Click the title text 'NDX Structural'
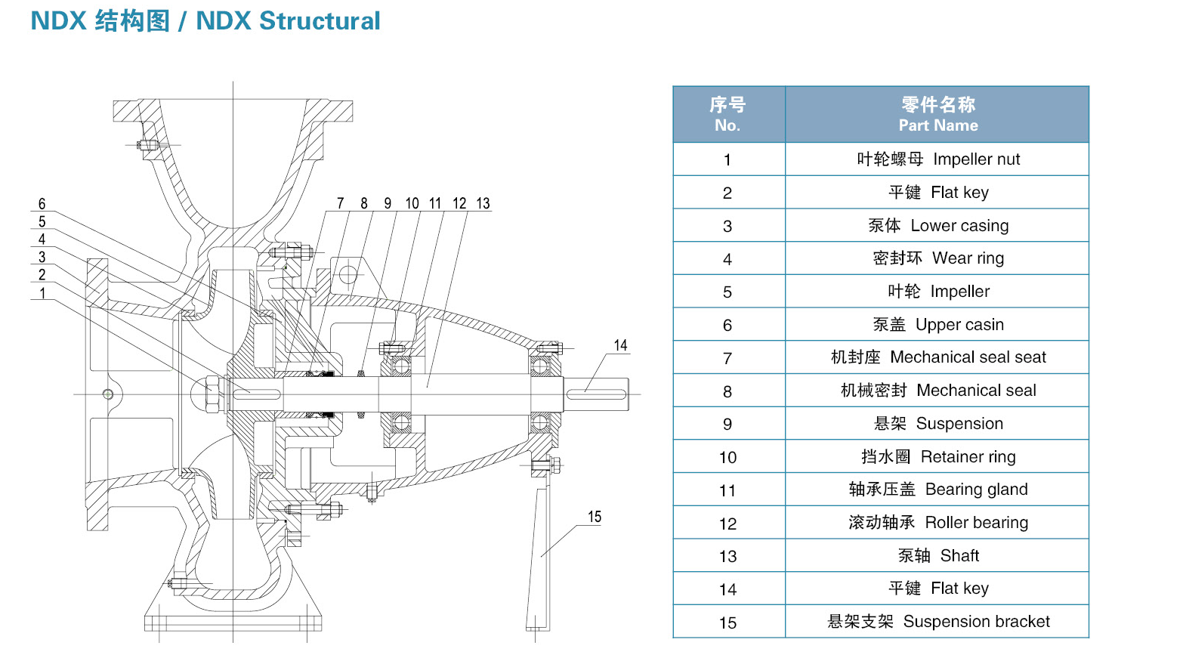pos(288,21)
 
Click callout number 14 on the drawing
pos(620,345)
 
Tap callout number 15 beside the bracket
pos(595,517)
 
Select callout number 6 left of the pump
pos(42,204)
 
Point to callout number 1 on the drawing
pos(42,293)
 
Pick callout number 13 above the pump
pos(483,203)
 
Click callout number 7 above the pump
pos(341,203)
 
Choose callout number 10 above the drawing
pos(412,203)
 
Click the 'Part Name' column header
pos(937,114)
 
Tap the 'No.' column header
pos(727,114)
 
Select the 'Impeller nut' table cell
pos(937,159)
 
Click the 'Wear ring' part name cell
pos(937,258)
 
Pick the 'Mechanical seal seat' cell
pos(937,357)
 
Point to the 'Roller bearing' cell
pos(937,523)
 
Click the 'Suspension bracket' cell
pos(937,622)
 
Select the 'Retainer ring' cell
pos(937,457)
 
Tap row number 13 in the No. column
pos(727,557)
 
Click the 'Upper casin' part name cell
pos(937,325)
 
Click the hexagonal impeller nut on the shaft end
pos(212,394)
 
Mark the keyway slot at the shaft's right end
pos(596,394)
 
